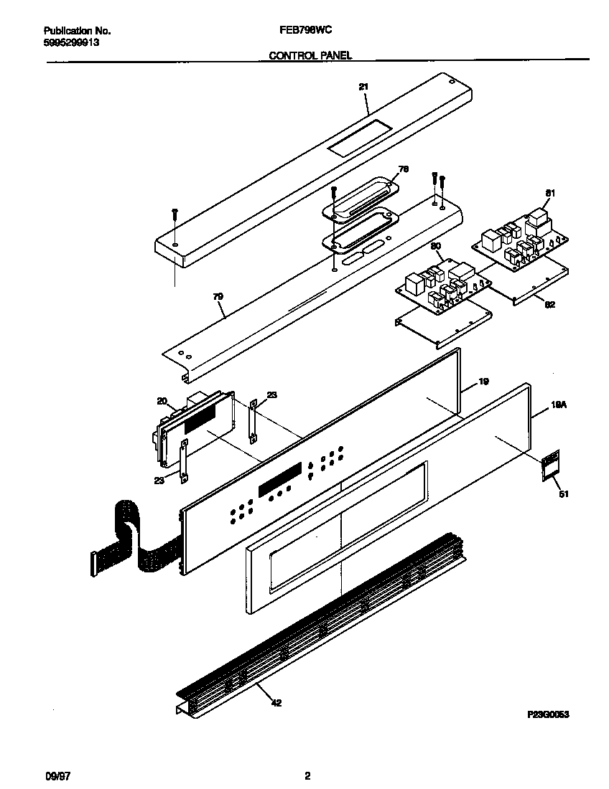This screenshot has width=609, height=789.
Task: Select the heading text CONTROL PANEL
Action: (x=310, y=55)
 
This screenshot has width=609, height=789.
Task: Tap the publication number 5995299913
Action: (x=71, y=42)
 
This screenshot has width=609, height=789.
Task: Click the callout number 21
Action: (x=363, y=87)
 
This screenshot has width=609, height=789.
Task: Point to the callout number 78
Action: (x=403, y=169)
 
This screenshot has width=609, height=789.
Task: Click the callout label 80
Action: (x=435, y=246)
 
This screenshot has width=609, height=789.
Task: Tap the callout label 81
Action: (x=550, y=193)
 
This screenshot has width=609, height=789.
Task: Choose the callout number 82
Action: (x=549, y=304)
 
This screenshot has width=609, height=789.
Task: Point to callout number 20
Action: (x=162, y=401)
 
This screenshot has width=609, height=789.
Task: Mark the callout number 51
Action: (x=563, y=493)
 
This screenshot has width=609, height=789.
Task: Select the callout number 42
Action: (x=276, y=703)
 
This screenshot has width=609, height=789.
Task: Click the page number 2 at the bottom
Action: (x=307, y=775)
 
